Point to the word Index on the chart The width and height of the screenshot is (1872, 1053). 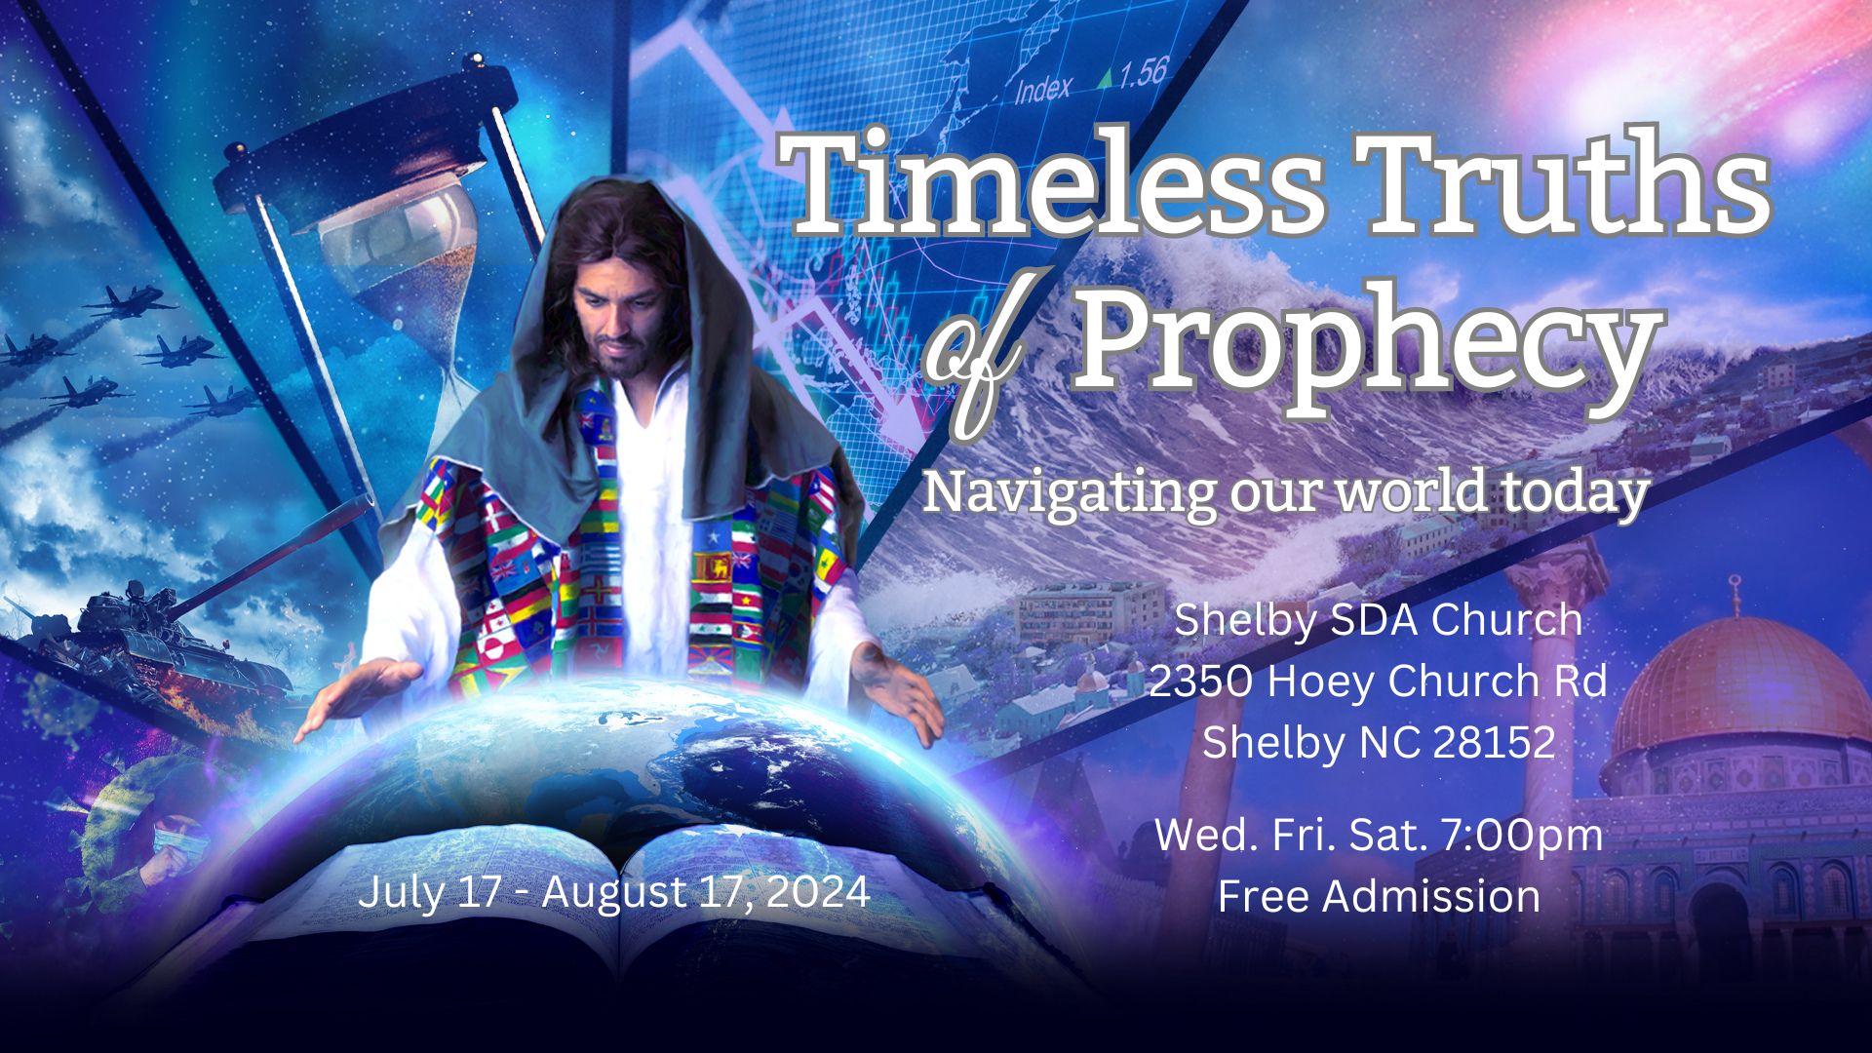pyautogui.click(x=1042, y=89)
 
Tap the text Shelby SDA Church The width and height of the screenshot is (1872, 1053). pyautogui.click(x=1378, y=621)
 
